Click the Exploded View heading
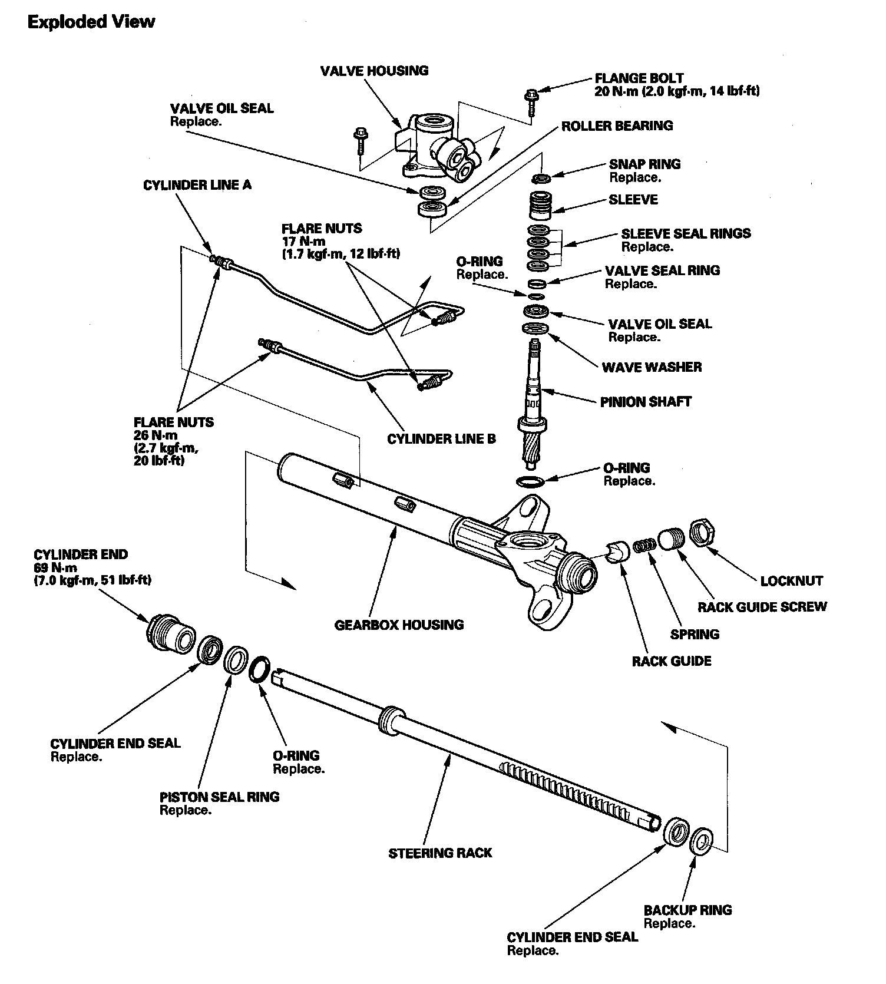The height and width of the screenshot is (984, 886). [x=91, y=22]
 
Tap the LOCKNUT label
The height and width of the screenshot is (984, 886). [x=791, y=581]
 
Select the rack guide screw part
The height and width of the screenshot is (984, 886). [x=672, y=538]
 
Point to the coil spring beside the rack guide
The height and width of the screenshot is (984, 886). [x=645, y=545]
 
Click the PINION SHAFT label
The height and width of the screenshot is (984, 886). [x=645, y=402]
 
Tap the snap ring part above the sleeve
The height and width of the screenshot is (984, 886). [x=541, y=177]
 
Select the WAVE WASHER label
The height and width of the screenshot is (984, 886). [x=652, y=368]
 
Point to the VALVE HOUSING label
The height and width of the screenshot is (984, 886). [x=374, y=71]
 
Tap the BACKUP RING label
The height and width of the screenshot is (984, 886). [x=687, y=910]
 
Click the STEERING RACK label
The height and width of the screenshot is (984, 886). [x=439, y=853]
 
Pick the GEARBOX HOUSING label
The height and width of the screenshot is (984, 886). [x=399, y=625]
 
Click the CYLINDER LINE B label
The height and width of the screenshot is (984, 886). [x=441, y=439]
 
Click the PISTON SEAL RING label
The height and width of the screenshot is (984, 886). [x=219, y=797]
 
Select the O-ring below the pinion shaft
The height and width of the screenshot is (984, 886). [x=530, y=482]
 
